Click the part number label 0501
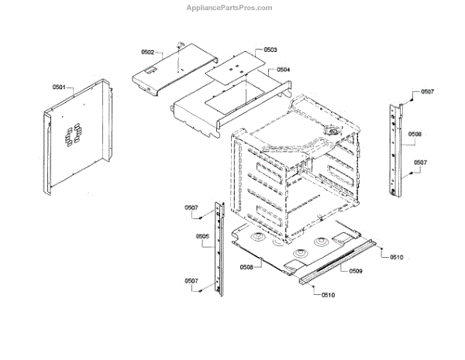[x=60, y=88]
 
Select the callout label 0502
[x=148, y=52]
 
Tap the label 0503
[x=270, y=49]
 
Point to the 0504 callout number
[x=284, y=70]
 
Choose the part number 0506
[x=415, y=134]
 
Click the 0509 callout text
[x=356, y=271]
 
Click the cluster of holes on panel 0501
[x=74, y=136]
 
